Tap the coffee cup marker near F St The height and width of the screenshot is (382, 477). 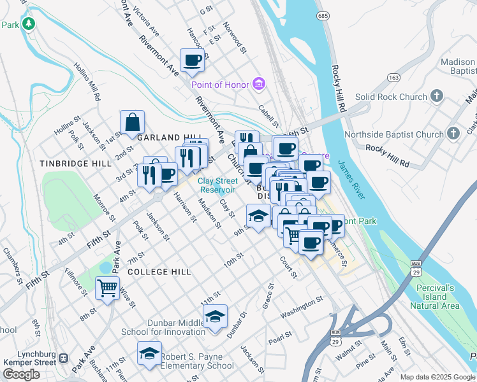[x=193, y=60]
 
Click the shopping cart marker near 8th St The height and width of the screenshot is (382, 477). [x=107, y=288]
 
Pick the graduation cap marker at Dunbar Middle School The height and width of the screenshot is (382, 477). [x=216, y=316]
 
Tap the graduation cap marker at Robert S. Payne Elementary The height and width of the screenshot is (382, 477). [x=149, y=353]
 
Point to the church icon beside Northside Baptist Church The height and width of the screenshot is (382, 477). [x=453, y=134]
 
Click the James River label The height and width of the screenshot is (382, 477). [x=351, y=181]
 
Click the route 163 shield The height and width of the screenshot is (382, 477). [x=393, y=77]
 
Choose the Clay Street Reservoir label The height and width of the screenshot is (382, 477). [x=217, y=185]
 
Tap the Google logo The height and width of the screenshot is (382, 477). [x=22, y=374]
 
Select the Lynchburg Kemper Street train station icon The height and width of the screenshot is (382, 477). [x=63, y=357]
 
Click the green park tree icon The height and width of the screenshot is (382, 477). [x=28, y=24]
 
